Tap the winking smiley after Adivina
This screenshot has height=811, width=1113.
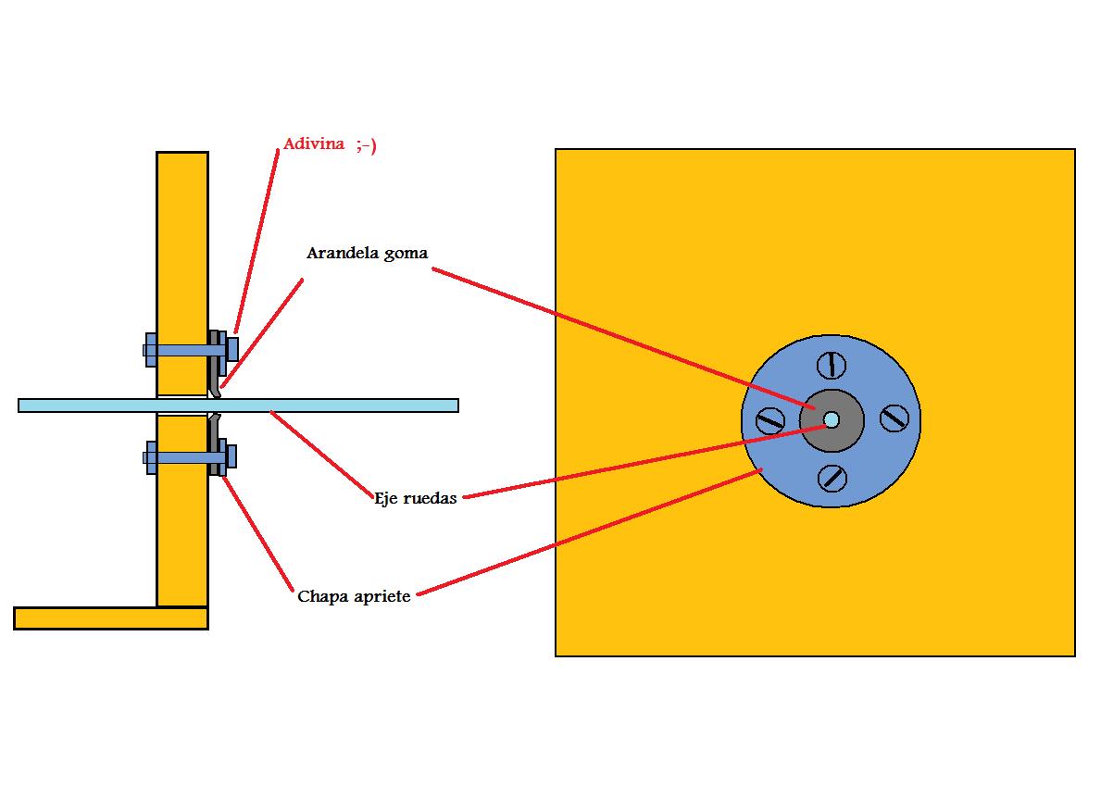(367, 145)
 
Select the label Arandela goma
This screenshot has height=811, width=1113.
(367, 253)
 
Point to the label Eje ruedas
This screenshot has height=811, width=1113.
(416, 498)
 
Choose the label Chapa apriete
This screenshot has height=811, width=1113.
(354, 596)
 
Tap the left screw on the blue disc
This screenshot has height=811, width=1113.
(770, 421)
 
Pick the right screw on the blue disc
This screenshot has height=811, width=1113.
(894, 418)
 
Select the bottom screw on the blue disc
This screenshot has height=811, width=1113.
(833, 478)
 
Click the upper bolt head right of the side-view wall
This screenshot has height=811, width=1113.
(232, 349)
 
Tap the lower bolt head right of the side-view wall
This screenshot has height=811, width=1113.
(231, 456)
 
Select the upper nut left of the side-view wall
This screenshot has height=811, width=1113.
(150, 350)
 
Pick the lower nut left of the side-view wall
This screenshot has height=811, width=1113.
(150, 457)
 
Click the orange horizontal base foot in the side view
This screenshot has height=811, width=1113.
(110, 618)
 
